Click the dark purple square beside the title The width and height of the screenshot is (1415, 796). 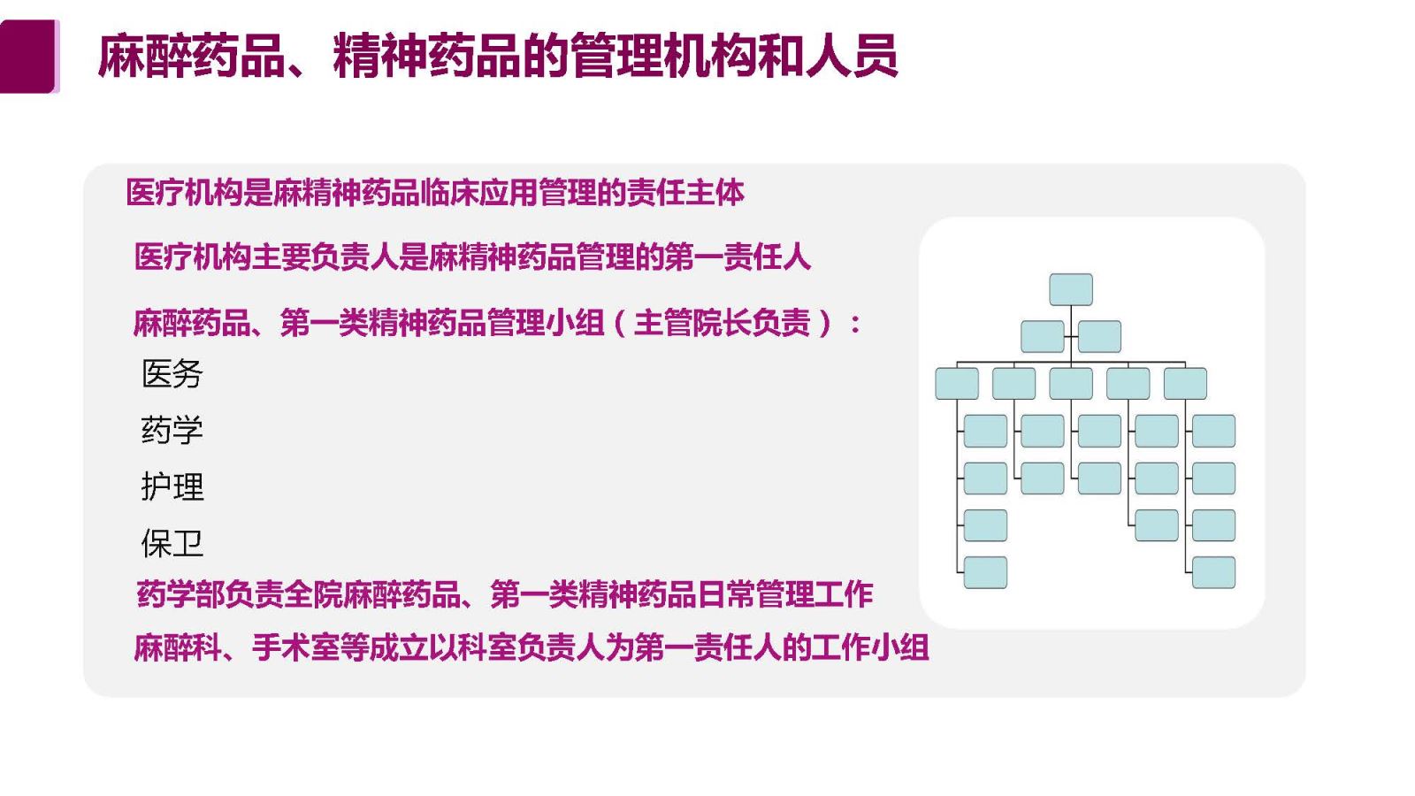tap(29, 57)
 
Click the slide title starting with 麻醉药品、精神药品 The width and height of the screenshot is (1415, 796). tap(498, 57)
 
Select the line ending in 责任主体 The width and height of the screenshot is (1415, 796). tap(435, 192)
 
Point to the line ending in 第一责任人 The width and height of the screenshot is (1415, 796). tap(472, 257)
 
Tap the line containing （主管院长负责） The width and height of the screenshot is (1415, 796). tap(497, 323)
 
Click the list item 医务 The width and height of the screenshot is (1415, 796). tap(172, 374)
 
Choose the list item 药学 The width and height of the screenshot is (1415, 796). tap(172, 430)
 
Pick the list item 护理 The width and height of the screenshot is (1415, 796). tap(172, 486)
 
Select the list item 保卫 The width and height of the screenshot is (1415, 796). tap(172, 543)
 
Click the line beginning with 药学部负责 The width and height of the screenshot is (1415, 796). tap(505, 594)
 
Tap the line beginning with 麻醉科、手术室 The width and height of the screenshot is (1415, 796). tap(532, 647)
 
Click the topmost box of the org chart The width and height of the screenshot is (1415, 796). tap(1071, 289)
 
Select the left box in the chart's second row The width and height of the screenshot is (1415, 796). tap(1043, 337)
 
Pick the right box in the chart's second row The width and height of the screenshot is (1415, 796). tap(1099, 337)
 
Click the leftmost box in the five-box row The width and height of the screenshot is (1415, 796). tap(957, 384)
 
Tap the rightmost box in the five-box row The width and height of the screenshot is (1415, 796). tap(1185, 384)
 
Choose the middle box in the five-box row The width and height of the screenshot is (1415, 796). tap(1071, 384)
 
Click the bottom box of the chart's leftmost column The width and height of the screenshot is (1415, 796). tap(985, 572)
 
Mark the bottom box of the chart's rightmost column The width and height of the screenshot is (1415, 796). tap(1213, 572)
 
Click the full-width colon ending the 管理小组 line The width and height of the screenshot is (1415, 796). tap(855, 325)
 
